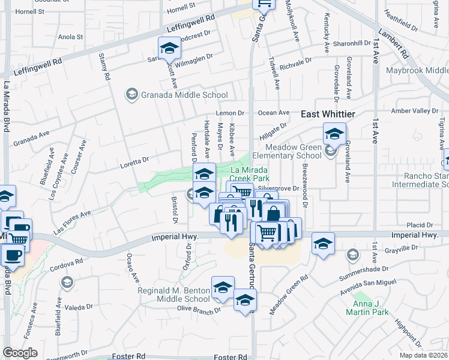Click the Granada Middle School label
pos(184,95)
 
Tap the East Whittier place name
pos(328,114)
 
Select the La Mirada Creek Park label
pos(250,174)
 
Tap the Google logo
pos(20,353)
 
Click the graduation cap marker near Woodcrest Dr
pos(169,47)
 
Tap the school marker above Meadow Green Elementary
pos(334,133)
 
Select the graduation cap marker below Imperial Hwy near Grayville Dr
pos(323,243)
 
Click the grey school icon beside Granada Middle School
pos(131,94)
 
